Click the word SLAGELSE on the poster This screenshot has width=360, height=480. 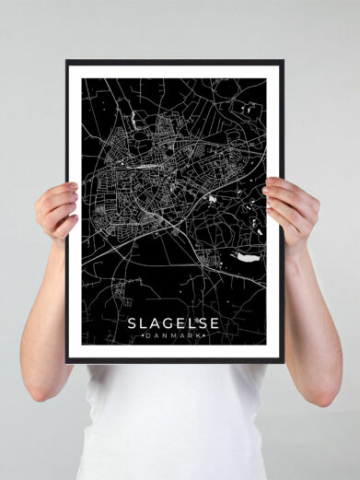click(174, 323)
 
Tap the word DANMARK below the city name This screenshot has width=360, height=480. click(174, 337)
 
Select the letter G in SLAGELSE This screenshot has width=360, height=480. click(169, 323)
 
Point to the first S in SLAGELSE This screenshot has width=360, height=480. click(132, 323)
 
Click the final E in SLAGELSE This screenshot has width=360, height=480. click(217, 323)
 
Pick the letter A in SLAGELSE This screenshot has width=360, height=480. click(156, 323)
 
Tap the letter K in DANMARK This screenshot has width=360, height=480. click(203, 337)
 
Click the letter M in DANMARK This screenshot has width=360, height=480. click(174, 337)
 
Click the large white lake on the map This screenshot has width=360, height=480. click(246, 257)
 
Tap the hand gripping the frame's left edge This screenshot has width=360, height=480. click(57, 210)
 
